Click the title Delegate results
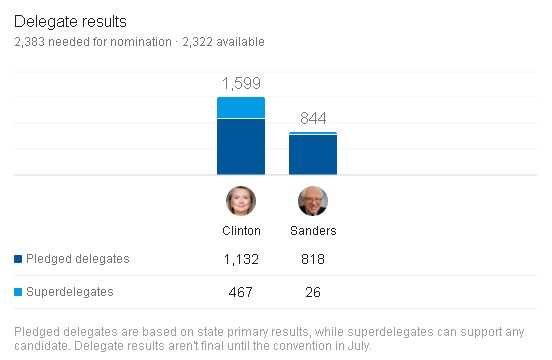point(70,21)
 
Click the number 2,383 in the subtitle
point(30,42)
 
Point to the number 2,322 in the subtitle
point(197,42)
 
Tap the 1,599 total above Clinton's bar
point(241,83)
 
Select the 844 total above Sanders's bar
point(313,118)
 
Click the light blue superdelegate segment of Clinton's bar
point(241,108)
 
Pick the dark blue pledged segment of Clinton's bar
point(241,147)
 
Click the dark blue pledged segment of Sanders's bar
point(313,154)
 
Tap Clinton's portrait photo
point(241,201)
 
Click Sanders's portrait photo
point(313,201)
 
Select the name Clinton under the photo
point(241,231)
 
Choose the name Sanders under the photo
point(313,231)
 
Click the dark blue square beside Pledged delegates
point(18,259)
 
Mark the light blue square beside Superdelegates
point(18,292)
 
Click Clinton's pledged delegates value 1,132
point(241,259)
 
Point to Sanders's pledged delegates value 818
point(313,259)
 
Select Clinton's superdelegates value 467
point(241,292)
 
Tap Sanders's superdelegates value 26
point(313,292)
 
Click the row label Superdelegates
point(70,292)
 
